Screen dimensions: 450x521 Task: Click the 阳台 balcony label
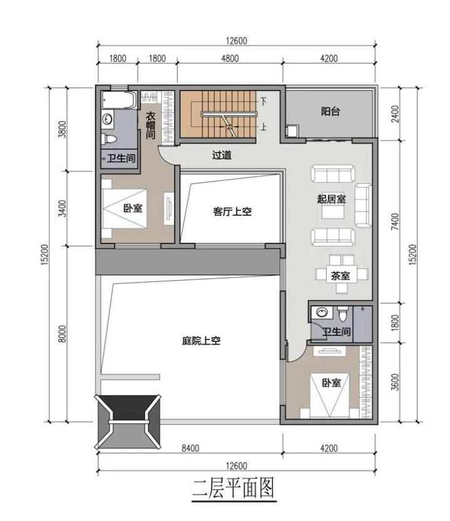tap(330, 111)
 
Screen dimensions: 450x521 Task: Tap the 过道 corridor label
tap(222, 155)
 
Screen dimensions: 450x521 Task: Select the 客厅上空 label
tap(232, 211)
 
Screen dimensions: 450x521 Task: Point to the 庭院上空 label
tap(202, 341)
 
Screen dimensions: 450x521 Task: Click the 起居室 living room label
tap(331, 199)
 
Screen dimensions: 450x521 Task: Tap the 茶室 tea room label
tap(340, 275)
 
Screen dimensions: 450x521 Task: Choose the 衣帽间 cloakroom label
tap(151, 126)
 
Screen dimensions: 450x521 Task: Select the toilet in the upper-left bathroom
tap(108, 138)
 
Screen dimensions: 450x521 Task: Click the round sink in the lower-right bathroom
tap(322, 312)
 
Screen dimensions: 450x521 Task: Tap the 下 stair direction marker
tap(263, 101)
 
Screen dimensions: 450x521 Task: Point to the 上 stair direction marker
tap(263, 126)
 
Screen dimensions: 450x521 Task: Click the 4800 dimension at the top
tap(230, 59)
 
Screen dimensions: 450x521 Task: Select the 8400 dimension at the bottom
tap(190, 448)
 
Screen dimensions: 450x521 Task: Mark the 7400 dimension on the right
tap(394, 221)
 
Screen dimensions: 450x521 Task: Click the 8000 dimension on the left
tap(62, 334)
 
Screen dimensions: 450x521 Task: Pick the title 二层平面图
tap(234, 488)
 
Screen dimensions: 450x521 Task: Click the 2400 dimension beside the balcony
tap(395, 114)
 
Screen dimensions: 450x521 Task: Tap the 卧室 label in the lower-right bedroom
tap(331, 383)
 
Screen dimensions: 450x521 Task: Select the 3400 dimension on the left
tap(62, 208)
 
